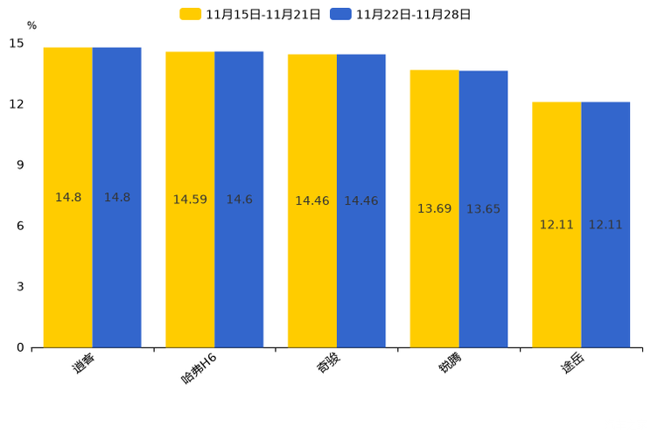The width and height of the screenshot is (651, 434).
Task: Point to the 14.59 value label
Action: coord(190,199)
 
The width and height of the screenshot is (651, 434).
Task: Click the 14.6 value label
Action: coord(239,199)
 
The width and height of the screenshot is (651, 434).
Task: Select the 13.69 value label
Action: coord(434,208)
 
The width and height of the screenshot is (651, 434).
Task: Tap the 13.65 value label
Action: coord(483,209)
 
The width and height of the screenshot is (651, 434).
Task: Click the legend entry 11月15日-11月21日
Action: coord(250,14)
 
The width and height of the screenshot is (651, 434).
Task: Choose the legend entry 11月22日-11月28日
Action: coord(402,14)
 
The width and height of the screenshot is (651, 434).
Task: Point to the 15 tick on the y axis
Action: coord(17,43)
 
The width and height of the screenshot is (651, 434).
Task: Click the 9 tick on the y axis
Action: coord(20,164)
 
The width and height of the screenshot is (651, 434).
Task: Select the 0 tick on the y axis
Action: coord(20,347)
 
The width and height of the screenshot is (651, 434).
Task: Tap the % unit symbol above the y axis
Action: coord(31,25)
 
